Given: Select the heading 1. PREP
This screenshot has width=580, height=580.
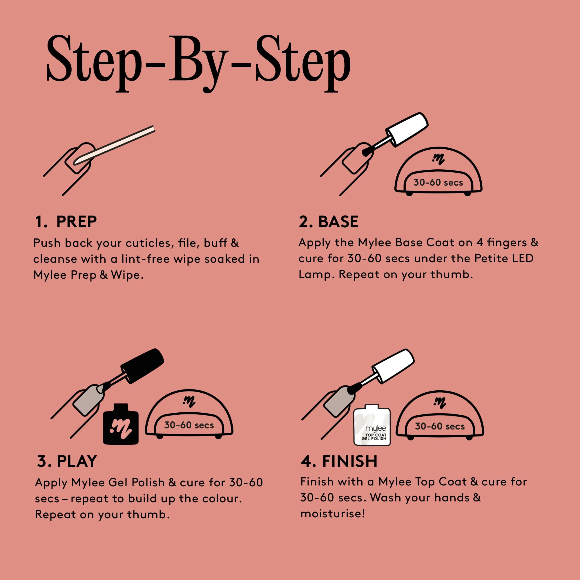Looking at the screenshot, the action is (66, 222).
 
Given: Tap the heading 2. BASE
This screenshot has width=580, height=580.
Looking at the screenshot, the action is (329, 222).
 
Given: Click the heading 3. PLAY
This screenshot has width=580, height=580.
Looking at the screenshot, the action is (67, 461).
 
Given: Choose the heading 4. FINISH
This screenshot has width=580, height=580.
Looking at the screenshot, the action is (339, 461).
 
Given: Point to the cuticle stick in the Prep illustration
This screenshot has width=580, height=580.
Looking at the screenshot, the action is (114, 145).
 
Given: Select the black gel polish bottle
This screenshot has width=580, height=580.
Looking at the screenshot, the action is (121, 424).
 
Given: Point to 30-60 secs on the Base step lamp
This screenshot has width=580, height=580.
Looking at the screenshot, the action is (438, 182).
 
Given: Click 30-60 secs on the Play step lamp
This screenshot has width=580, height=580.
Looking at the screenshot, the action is (189, 425).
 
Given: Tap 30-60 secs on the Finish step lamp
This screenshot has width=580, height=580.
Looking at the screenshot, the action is (440, 426).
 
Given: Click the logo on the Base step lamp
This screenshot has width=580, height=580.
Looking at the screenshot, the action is (438, 159).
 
